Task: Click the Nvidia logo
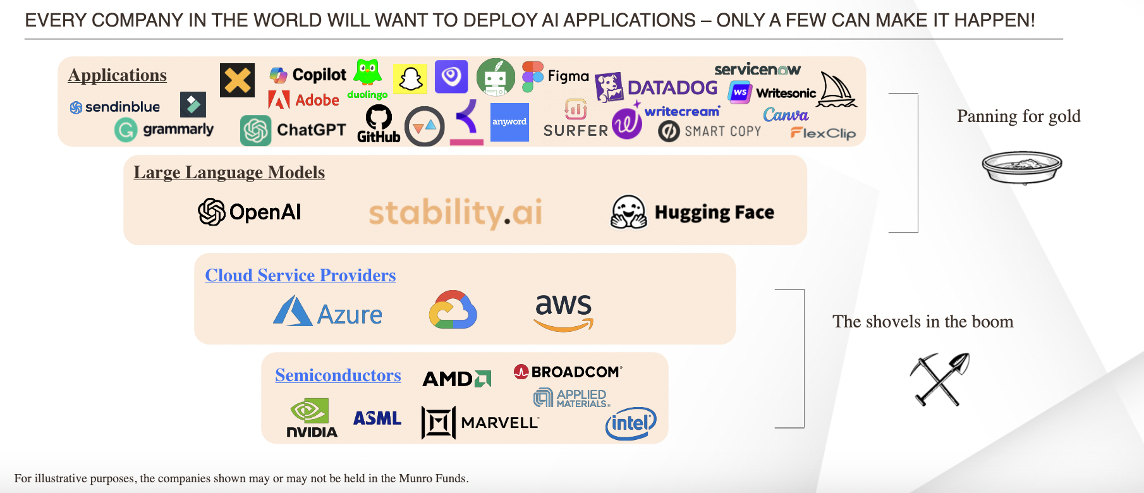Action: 311,418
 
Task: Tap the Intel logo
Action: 630,423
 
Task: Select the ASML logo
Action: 377,418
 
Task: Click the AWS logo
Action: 563,312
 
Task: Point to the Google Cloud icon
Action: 453,310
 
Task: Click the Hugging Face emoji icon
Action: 628,211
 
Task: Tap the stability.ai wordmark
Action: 455,212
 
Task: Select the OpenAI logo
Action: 250,212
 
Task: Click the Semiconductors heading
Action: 338,375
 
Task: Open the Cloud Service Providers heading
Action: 300,276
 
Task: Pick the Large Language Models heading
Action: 229,173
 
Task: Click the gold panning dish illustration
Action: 1021,167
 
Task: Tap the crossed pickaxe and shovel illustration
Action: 939,379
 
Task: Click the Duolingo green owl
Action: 367,73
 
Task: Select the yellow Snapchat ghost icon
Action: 410,79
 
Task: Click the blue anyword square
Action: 509,122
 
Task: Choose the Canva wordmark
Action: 786,115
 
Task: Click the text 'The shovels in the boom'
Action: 923,322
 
